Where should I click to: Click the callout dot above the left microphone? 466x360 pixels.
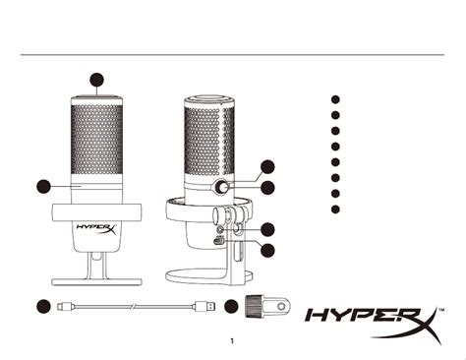pos(96,79)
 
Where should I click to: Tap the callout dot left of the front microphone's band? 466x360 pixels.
pos(43,185)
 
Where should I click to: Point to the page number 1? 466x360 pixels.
pos(232,342)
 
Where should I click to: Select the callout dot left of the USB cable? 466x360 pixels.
pos(43,306)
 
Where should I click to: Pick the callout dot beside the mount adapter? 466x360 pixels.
pos(231,306)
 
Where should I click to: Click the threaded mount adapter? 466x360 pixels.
pos(259,306)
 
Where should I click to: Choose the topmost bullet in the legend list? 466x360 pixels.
pos(335,99)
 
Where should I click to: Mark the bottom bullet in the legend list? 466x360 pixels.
pos(335,209)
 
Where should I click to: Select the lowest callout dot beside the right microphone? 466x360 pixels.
pos(266,250)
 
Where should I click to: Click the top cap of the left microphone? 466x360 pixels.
pos(96,99)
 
